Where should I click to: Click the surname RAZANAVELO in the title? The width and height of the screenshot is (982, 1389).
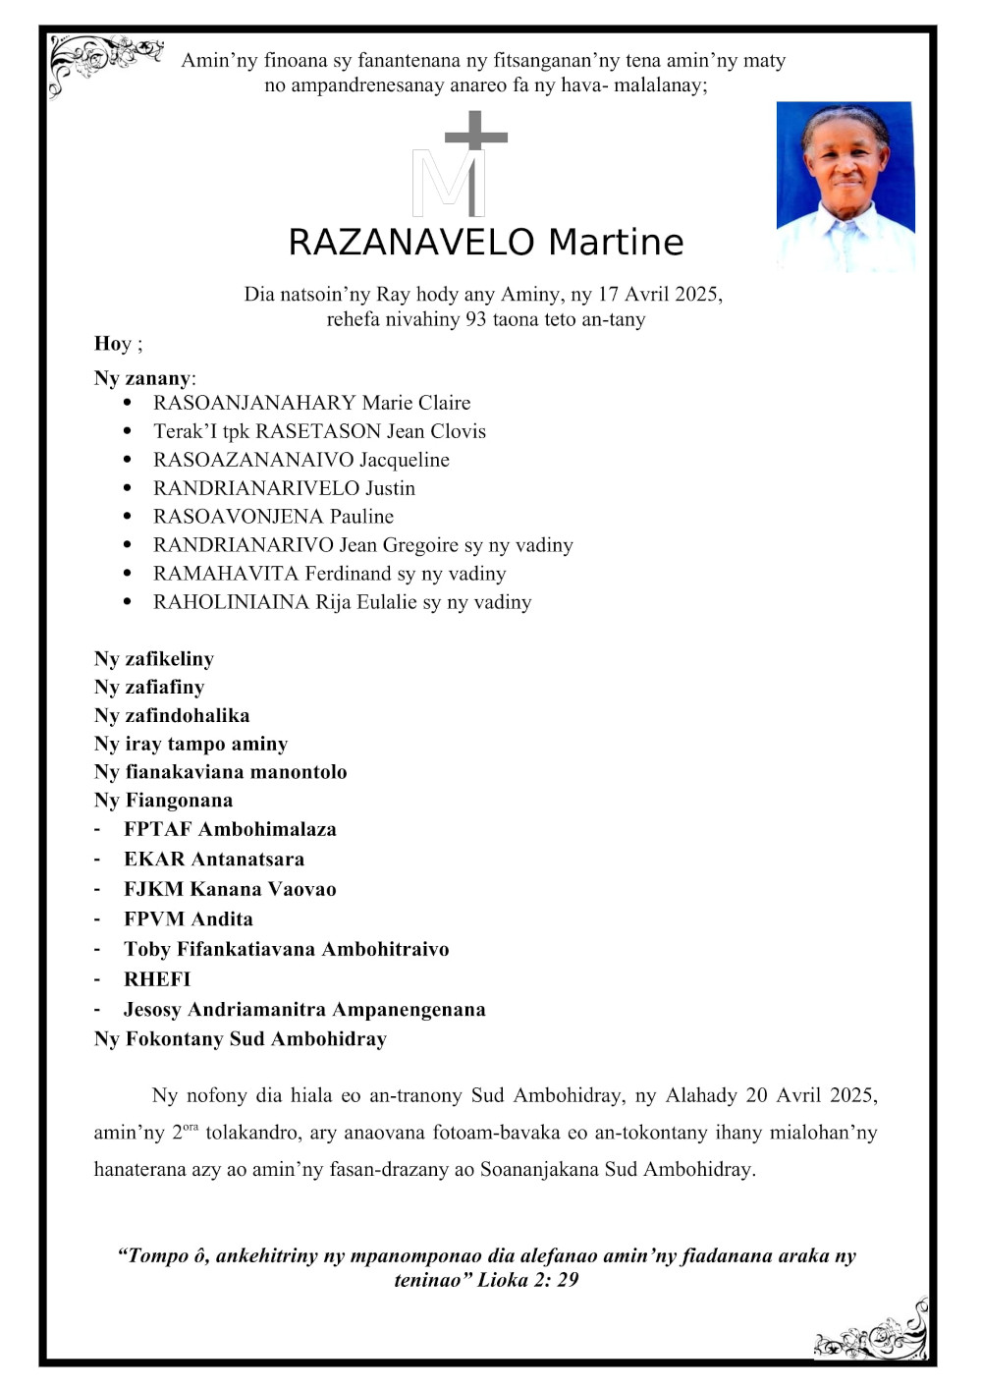pyautogui.click(x=411, y=243)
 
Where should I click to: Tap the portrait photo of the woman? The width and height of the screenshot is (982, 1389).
pyautogui.click(x=846, y=186)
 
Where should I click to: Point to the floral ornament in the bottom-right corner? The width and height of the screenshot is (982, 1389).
pyautogui.click(x=873, y=1334)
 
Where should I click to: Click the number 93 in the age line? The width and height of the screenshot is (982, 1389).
pyautogui.click(x=476, y=319)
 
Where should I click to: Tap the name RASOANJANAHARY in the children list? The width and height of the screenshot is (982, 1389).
pyautogui.click(x=254, y=403)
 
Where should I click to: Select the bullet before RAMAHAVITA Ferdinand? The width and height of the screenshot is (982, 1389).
pyautogui.click(x=128, y=573)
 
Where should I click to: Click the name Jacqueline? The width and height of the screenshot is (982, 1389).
pyautogui.click(x=405, y=460)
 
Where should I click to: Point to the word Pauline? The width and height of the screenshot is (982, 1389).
pyautogui.click(x=361, y=517)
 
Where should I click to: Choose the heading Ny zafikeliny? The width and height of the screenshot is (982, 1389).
pyautogui.click(x=154, y=659)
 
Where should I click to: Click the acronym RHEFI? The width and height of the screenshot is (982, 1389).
pyautogui.click(x=157, y=979)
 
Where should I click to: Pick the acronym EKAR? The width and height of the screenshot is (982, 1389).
pyautogui.click(x=154, y=860)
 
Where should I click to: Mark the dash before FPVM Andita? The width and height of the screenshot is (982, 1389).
pyautogui.click(x=97, y=919)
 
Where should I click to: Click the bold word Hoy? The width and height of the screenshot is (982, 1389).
pyautogui.click(x=113, y=344)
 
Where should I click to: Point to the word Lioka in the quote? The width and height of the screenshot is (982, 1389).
pyautogui.click(x=502, y=1280)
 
